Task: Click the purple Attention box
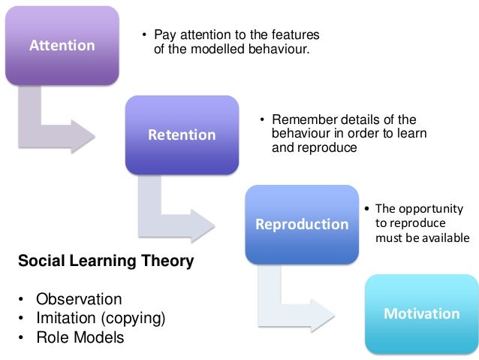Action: pyautogui.click(x=62, y=45)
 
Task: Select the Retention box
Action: pyautogui.click(x=182, y=135)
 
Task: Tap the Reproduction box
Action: pyautogui.click(x=302, y=224)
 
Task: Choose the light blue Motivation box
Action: pyautogui.click(x=421, y=313)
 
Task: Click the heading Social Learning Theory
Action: pyautogui.click(x=106, y=262)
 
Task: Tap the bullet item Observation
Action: pyautogui.click(x=79, y=299)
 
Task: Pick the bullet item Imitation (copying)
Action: pyautogui.click(x=101, y=318)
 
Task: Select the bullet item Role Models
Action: pyautogui.click(x=80, y=337)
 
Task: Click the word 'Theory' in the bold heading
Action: pyautogui.click(x=170, y=262)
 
